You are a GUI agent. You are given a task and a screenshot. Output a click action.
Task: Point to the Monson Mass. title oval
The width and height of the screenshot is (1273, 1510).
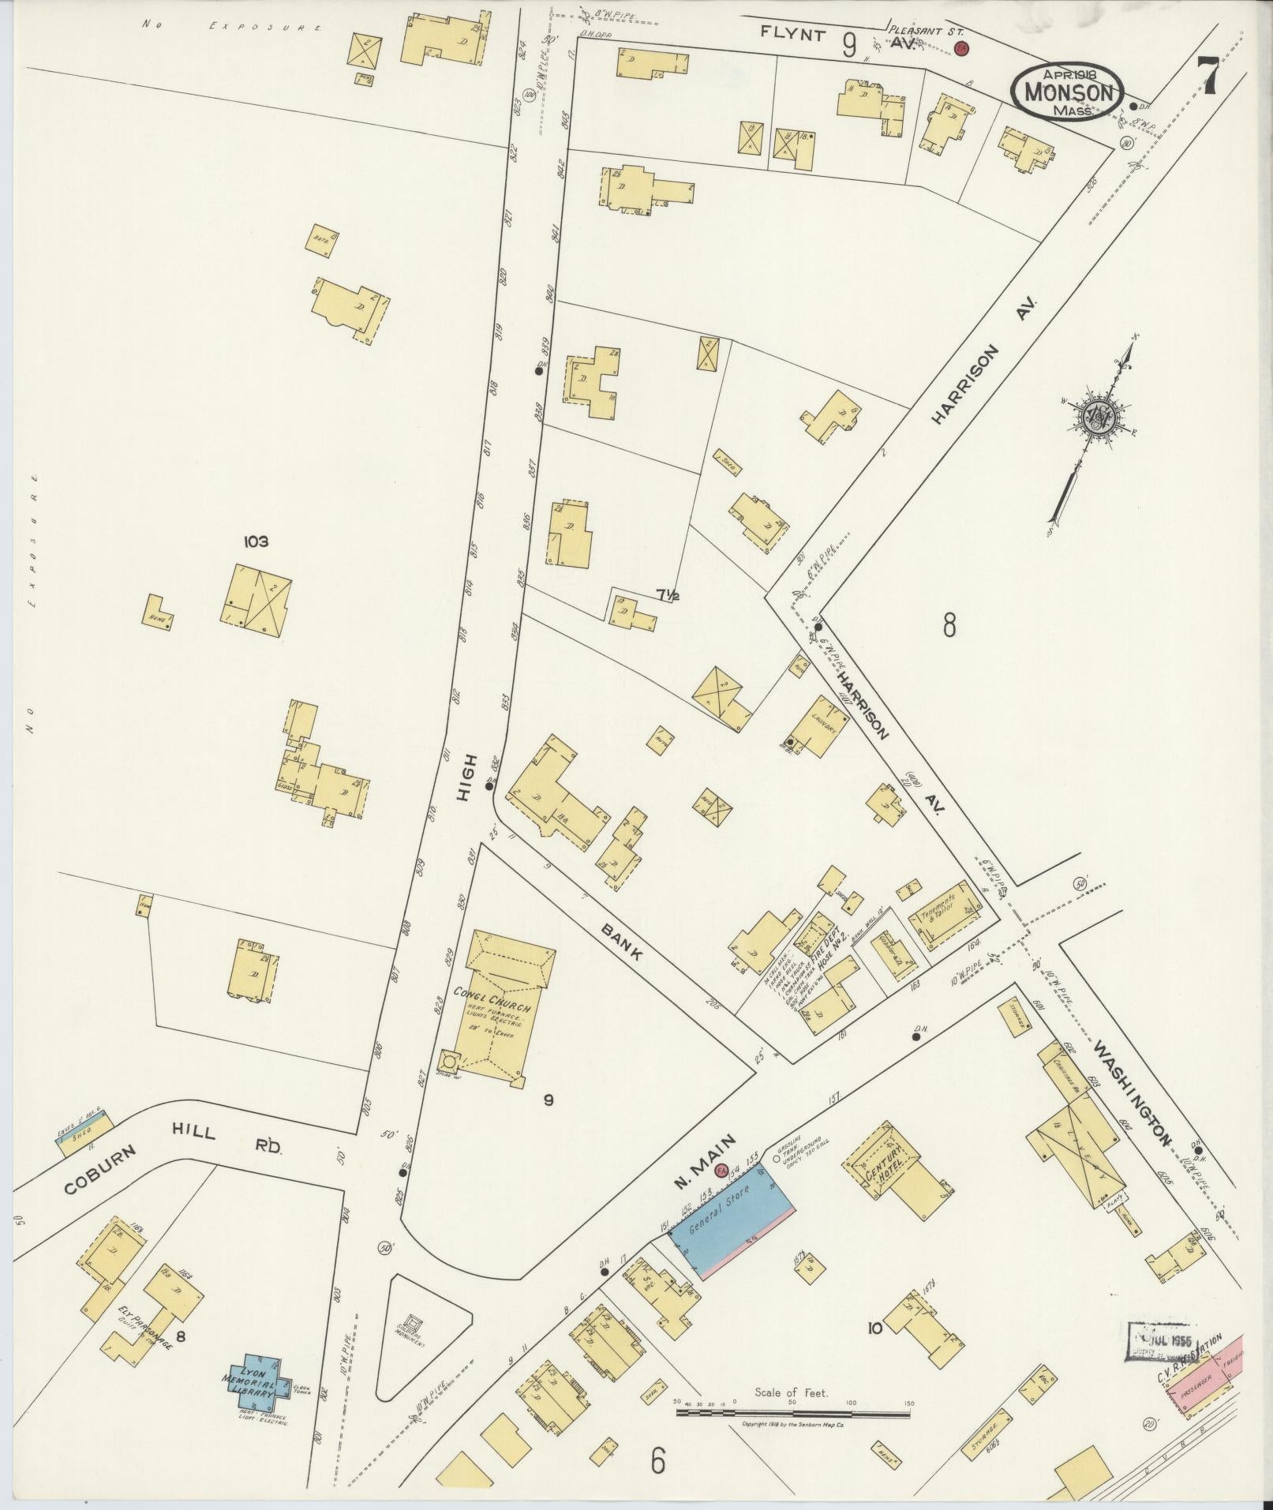coord(1068,92)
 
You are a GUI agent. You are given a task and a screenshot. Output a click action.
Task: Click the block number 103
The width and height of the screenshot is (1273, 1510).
coord(256,541)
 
